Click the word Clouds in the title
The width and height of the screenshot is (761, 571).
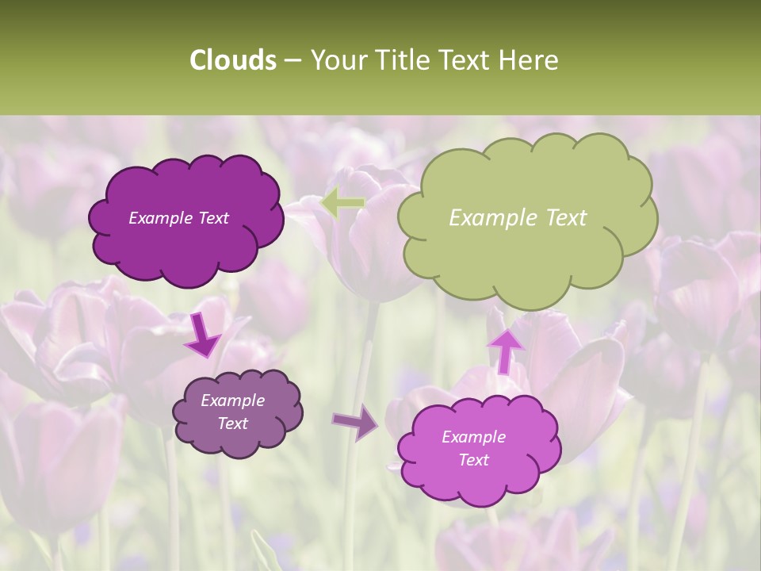(232, 60)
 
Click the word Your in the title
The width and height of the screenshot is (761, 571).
(338, 60)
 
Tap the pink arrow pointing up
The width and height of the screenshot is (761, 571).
(505, 350)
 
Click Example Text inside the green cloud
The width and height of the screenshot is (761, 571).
(518, 218)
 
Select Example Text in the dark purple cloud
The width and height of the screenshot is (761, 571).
(178, 218)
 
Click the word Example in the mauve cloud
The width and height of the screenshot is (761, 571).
(232, 400)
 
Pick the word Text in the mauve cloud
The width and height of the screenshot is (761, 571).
(232, 423)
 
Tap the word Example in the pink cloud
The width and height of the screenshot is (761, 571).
(473, 437)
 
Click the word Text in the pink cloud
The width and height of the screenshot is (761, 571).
(473, 460)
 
